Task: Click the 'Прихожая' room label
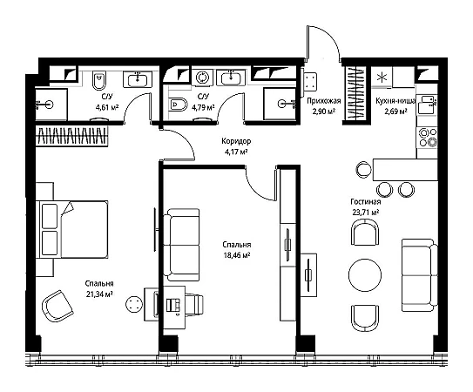pos(324,101)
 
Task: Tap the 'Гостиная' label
pos(365,201)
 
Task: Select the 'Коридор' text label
pos(236,141)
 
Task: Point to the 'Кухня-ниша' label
pos(395,101)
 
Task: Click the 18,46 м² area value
pos(237,255)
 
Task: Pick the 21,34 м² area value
pos(99,294)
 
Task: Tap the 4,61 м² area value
pos(107,107)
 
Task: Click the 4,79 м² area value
pos(203,107)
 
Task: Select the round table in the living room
pos(365,275)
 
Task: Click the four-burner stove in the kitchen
pos(427,138)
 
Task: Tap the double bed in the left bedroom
pos(72,229)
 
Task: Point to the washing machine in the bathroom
pos(202,78)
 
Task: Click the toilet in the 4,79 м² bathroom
pos(178,105)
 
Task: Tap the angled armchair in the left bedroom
pos(57,306)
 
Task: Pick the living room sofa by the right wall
pos(420,275)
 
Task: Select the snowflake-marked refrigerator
pos(382,77)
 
